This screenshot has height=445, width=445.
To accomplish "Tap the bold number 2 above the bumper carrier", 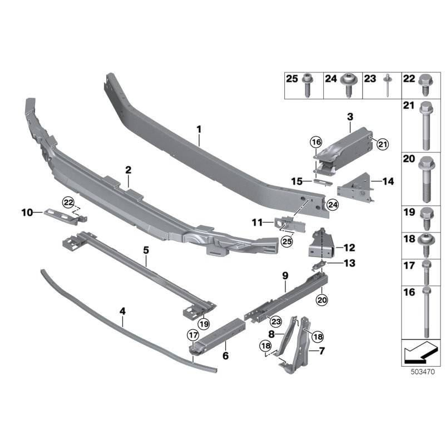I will pyautogui.click(x=128, y=170).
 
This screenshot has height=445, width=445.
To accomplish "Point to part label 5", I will pyautogui.click(x=146, y=250).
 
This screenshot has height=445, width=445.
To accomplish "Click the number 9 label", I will pyautogui.click(x=285, y=275).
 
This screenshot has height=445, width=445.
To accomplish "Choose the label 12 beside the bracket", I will pyautogui.click(x=349, y=248).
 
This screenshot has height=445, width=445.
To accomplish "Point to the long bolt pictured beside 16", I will pyautogui.click(x=426, y=311).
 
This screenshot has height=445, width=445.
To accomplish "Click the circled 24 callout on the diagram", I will pyautogui.click(x=332, y=205).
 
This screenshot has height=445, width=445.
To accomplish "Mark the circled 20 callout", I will pyautogui.click(x=322, y=300).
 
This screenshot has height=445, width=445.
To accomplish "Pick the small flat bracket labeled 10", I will pyautogui.click(x=60, y=215).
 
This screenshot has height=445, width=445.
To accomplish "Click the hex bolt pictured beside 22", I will pyautogui.click(x=425, y=85).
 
